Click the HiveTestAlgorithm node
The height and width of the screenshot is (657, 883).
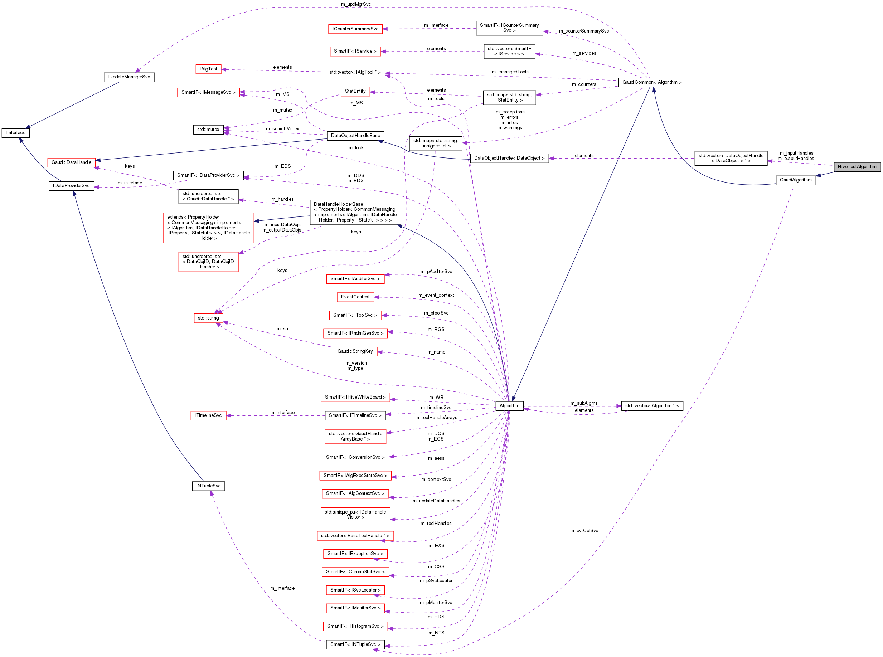[x=857, y=167]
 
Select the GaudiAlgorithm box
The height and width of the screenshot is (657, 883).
[x=796, y=180]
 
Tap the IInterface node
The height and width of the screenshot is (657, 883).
[x=15, y=133]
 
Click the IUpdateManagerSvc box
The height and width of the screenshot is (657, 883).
[x=129, y=77]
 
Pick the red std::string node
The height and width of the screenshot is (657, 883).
[x=208, y=318]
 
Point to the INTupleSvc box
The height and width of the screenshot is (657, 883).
[x=208, y=486]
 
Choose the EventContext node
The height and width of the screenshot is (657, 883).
[x=355, y=297]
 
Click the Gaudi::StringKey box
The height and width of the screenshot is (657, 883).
[x=355, y=351]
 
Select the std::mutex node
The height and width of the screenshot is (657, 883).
[x=208, y=130]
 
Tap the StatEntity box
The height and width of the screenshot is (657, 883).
[x=355, y=92]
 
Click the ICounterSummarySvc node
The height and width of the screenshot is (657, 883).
[x=355, y=29]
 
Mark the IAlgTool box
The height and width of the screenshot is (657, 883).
[x=208, y=69]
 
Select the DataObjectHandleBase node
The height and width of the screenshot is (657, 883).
[x=355, y=136]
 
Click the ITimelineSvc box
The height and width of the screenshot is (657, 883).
[x=208, y=415]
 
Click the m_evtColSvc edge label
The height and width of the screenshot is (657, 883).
[x=583, y=531]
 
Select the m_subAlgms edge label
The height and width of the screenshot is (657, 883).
[x=583, y=403]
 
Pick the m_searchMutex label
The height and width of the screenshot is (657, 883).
[x=282, y=129]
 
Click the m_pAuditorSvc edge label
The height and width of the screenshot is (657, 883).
[x=436, y=272]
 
